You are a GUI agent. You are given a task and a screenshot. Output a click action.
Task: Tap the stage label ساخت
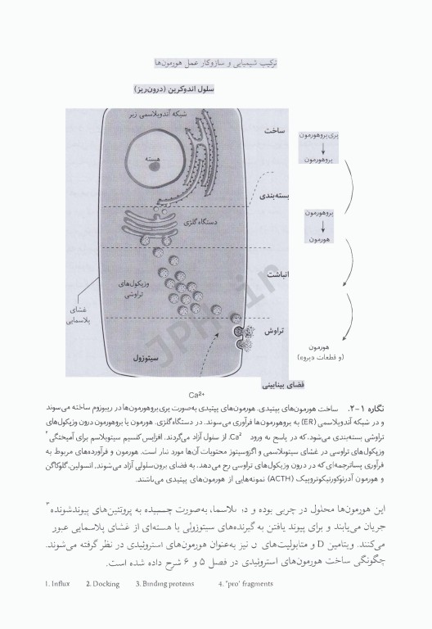(x=273, y=131)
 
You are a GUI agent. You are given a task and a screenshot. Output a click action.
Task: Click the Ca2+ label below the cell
(x=196, y=393)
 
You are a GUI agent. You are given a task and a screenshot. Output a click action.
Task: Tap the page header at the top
(x=216, y=62)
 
